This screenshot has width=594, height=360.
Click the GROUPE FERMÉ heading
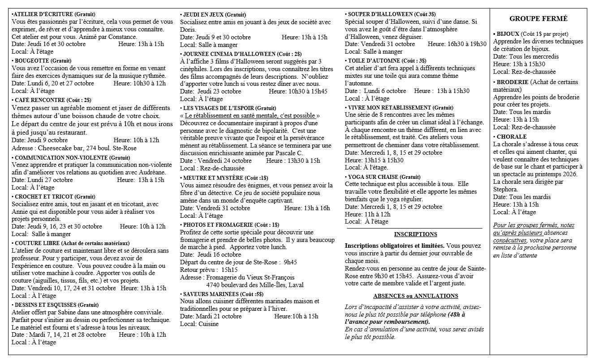pyautogui.click(x=538, y=19)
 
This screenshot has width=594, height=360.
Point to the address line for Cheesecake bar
pyautogui.click(x=74, y=148)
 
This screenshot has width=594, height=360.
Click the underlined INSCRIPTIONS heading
pyautogui.click(x=415, y=234)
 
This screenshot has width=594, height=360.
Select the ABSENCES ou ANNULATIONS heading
pyautogui.click(x=415, y=296)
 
